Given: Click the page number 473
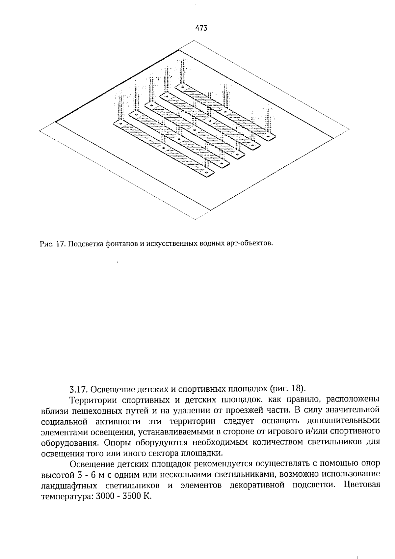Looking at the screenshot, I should click(201, 28).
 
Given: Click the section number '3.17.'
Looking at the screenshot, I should click(78, 389).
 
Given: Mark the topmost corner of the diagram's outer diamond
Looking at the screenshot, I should click(194, 41).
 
